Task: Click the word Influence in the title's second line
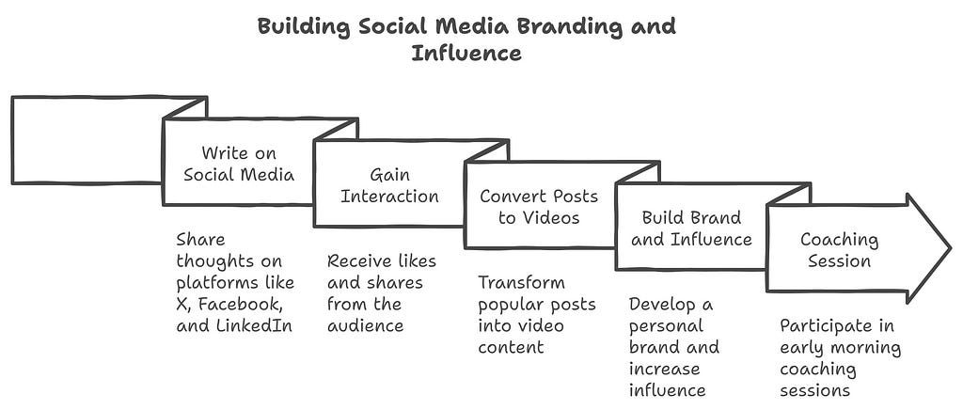(466, 53)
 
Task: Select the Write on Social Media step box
(238, 164)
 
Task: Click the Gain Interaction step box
(388, 186)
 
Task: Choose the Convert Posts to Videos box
(539, 206)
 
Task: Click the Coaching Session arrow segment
(839, 249)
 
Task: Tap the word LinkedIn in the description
(258, 326)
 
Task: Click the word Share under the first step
(200, 240)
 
